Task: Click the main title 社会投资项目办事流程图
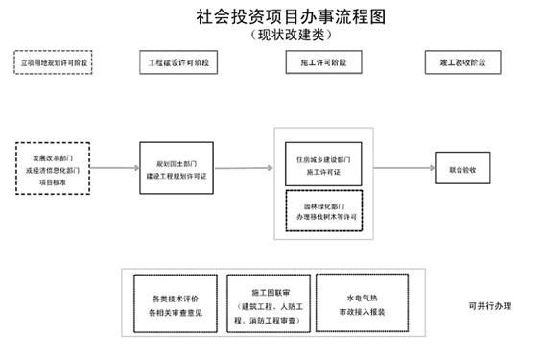pyautogui.click(x=271, y=16)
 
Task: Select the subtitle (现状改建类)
pyautogui.click(x=271, y=35)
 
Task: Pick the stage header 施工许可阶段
pyautogui.click(x=317, y=62)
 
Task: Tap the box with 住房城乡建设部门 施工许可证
pyautogui.click(x=322, y=165)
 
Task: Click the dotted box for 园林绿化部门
pyautogui.click(x=322, y=211)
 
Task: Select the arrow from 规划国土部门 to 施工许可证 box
pyautogui.click(x=244, y=169)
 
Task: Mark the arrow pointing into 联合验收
pyautogui.click(x=403, y=169)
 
